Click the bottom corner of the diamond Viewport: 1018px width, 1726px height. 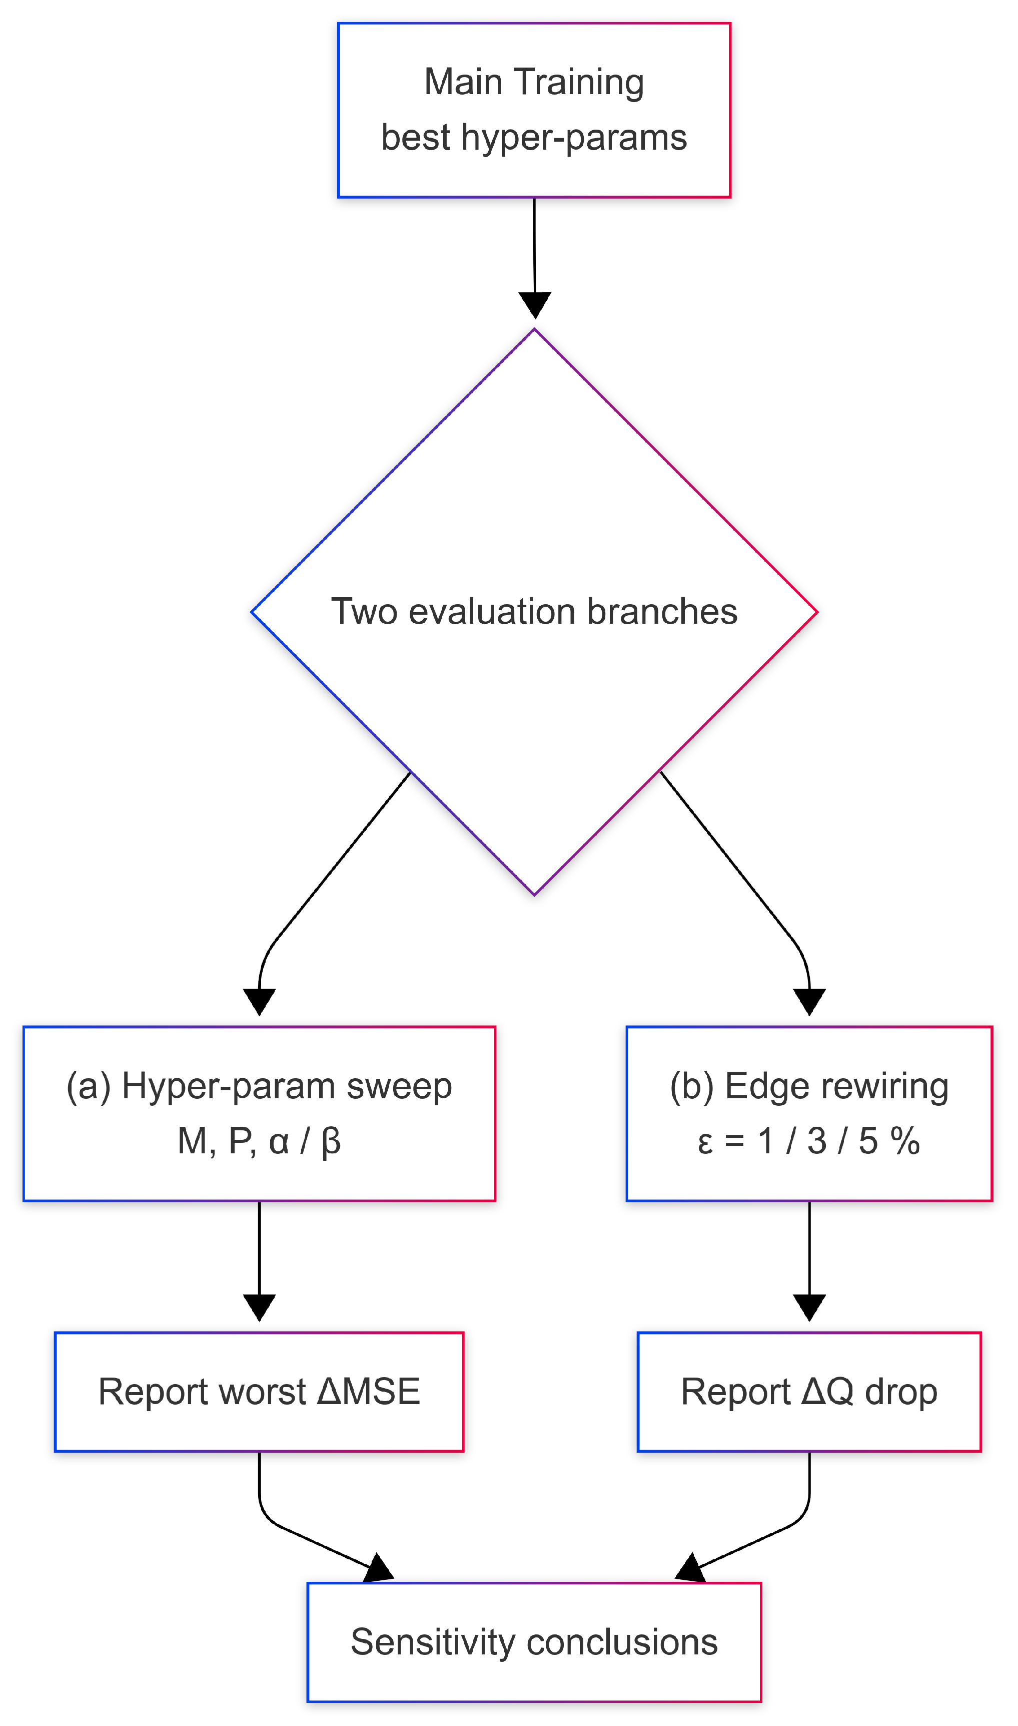pos(534,894)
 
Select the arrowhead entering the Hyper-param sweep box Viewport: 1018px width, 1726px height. pos(259,1001)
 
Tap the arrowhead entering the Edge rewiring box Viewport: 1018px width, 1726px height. pos(809,1001)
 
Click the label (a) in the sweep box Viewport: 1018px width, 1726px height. pos(88,1086)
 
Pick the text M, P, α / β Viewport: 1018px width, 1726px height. pos(259,1142)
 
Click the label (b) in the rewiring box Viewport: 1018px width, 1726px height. pos(691,1086)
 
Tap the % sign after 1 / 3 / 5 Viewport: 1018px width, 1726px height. pos(905,1142)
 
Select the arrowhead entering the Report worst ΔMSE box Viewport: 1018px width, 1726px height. pos(259,1307)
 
